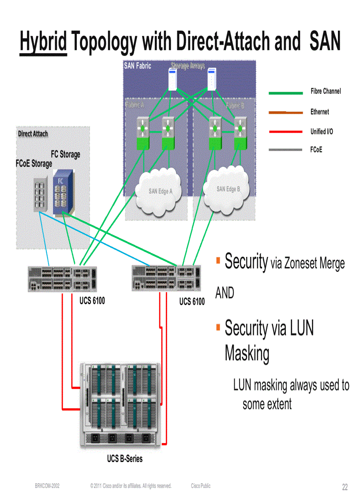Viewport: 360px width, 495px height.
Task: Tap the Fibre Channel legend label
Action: (x=326, y=91)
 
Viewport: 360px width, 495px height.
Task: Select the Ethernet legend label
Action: (x=319, y=112)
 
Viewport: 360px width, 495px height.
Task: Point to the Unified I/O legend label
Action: (x=321, y=131)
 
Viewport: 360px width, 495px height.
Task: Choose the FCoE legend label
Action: (x=316, y=150)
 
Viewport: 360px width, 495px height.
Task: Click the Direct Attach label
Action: (x=33, y=134)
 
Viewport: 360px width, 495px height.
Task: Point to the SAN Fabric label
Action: (x=137, y=66)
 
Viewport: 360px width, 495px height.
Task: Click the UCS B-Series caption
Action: (x=125, y=459)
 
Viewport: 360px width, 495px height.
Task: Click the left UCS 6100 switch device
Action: (x=62, y=279)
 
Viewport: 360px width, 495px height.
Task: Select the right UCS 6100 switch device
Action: (x=166, y=278)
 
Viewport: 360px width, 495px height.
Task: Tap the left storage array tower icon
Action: (x=172, y=79)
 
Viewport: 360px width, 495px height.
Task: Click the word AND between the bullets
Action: (x=225, y=293)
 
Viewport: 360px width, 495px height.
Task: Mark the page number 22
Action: (x=345, y=487)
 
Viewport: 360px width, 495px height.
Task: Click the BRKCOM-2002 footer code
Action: (x=47, y=486)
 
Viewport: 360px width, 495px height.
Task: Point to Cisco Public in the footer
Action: (x=201, y=486)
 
